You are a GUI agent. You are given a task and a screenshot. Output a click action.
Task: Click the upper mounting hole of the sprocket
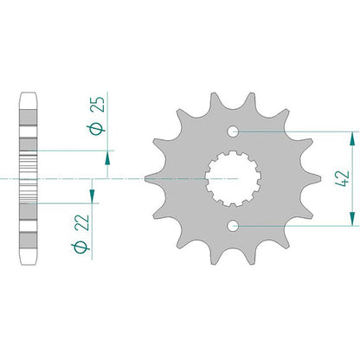point(233,132)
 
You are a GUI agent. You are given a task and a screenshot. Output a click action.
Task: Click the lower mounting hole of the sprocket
point(233,226)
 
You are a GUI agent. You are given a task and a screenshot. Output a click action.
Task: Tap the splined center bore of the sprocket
point(233,179)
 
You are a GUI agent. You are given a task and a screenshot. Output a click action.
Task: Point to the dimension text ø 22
point(81,234)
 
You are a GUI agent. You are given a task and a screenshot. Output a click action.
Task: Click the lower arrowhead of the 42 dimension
point(352,219)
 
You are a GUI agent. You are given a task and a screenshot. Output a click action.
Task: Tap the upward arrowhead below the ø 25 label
point(107,157)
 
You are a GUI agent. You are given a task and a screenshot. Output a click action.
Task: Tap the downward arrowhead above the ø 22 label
point(92,196)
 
